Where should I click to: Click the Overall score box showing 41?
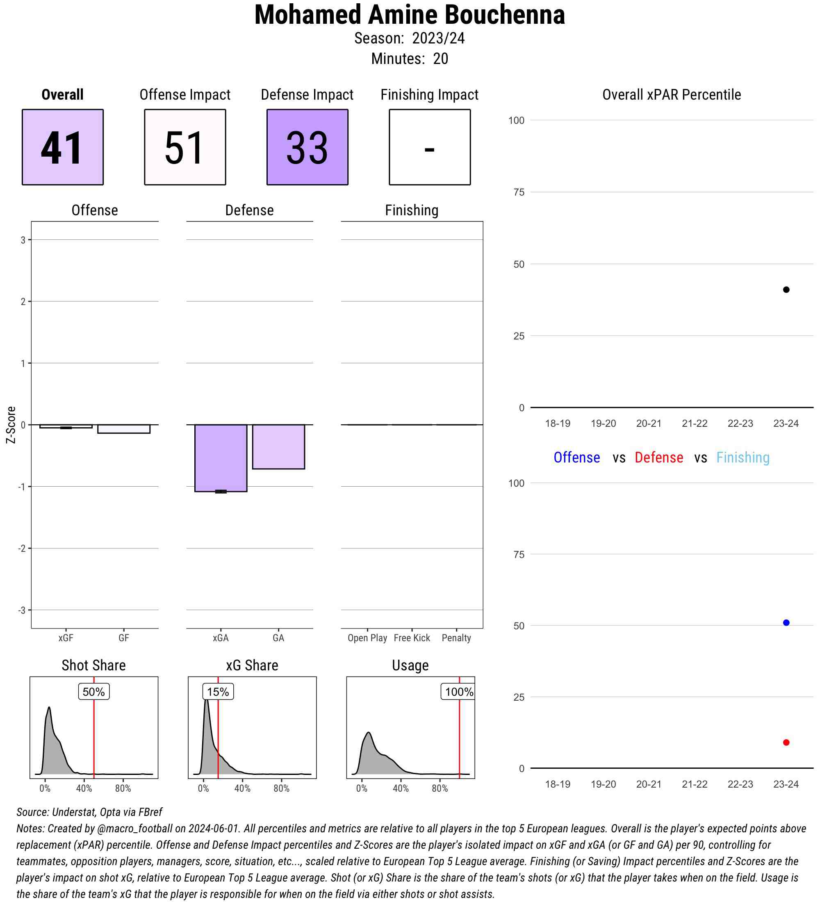pyautogui.click(x=63, y=147)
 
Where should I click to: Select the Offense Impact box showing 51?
pyautogui.click(x=185, y=147)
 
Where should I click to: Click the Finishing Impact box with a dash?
pyautogui.click(x=429, y=147)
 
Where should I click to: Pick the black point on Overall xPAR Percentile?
pyautogui.click(x=786, y=289)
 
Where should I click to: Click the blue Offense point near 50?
pyautogui.click(x=786, y=622)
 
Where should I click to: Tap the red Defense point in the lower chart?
pyautogui.click(x=786, y=742)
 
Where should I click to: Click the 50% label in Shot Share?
pyautogui.click(x=93, y=692)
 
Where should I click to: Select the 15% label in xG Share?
pyautogui.click(x=218, y=692)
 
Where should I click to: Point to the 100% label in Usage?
pyautogui.click(x=458, y=692)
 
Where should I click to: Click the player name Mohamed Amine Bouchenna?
pyautogui.click(x=409, y=15)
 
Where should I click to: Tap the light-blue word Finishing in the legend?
pyautogui.click(x=743, y=457)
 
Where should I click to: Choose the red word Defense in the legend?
pyautogui.click(x=659, y=457)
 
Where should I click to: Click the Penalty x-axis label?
pyautogui.click(x=456, y=638)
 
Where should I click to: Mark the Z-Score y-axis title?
pyautogui.click(x=11, y=425)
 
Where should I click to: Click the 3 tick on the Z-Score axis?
pyautogui.click(x=23, y=240)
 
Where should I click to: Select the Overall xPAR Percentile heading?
pyautogui.click(x=672, y=94)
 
